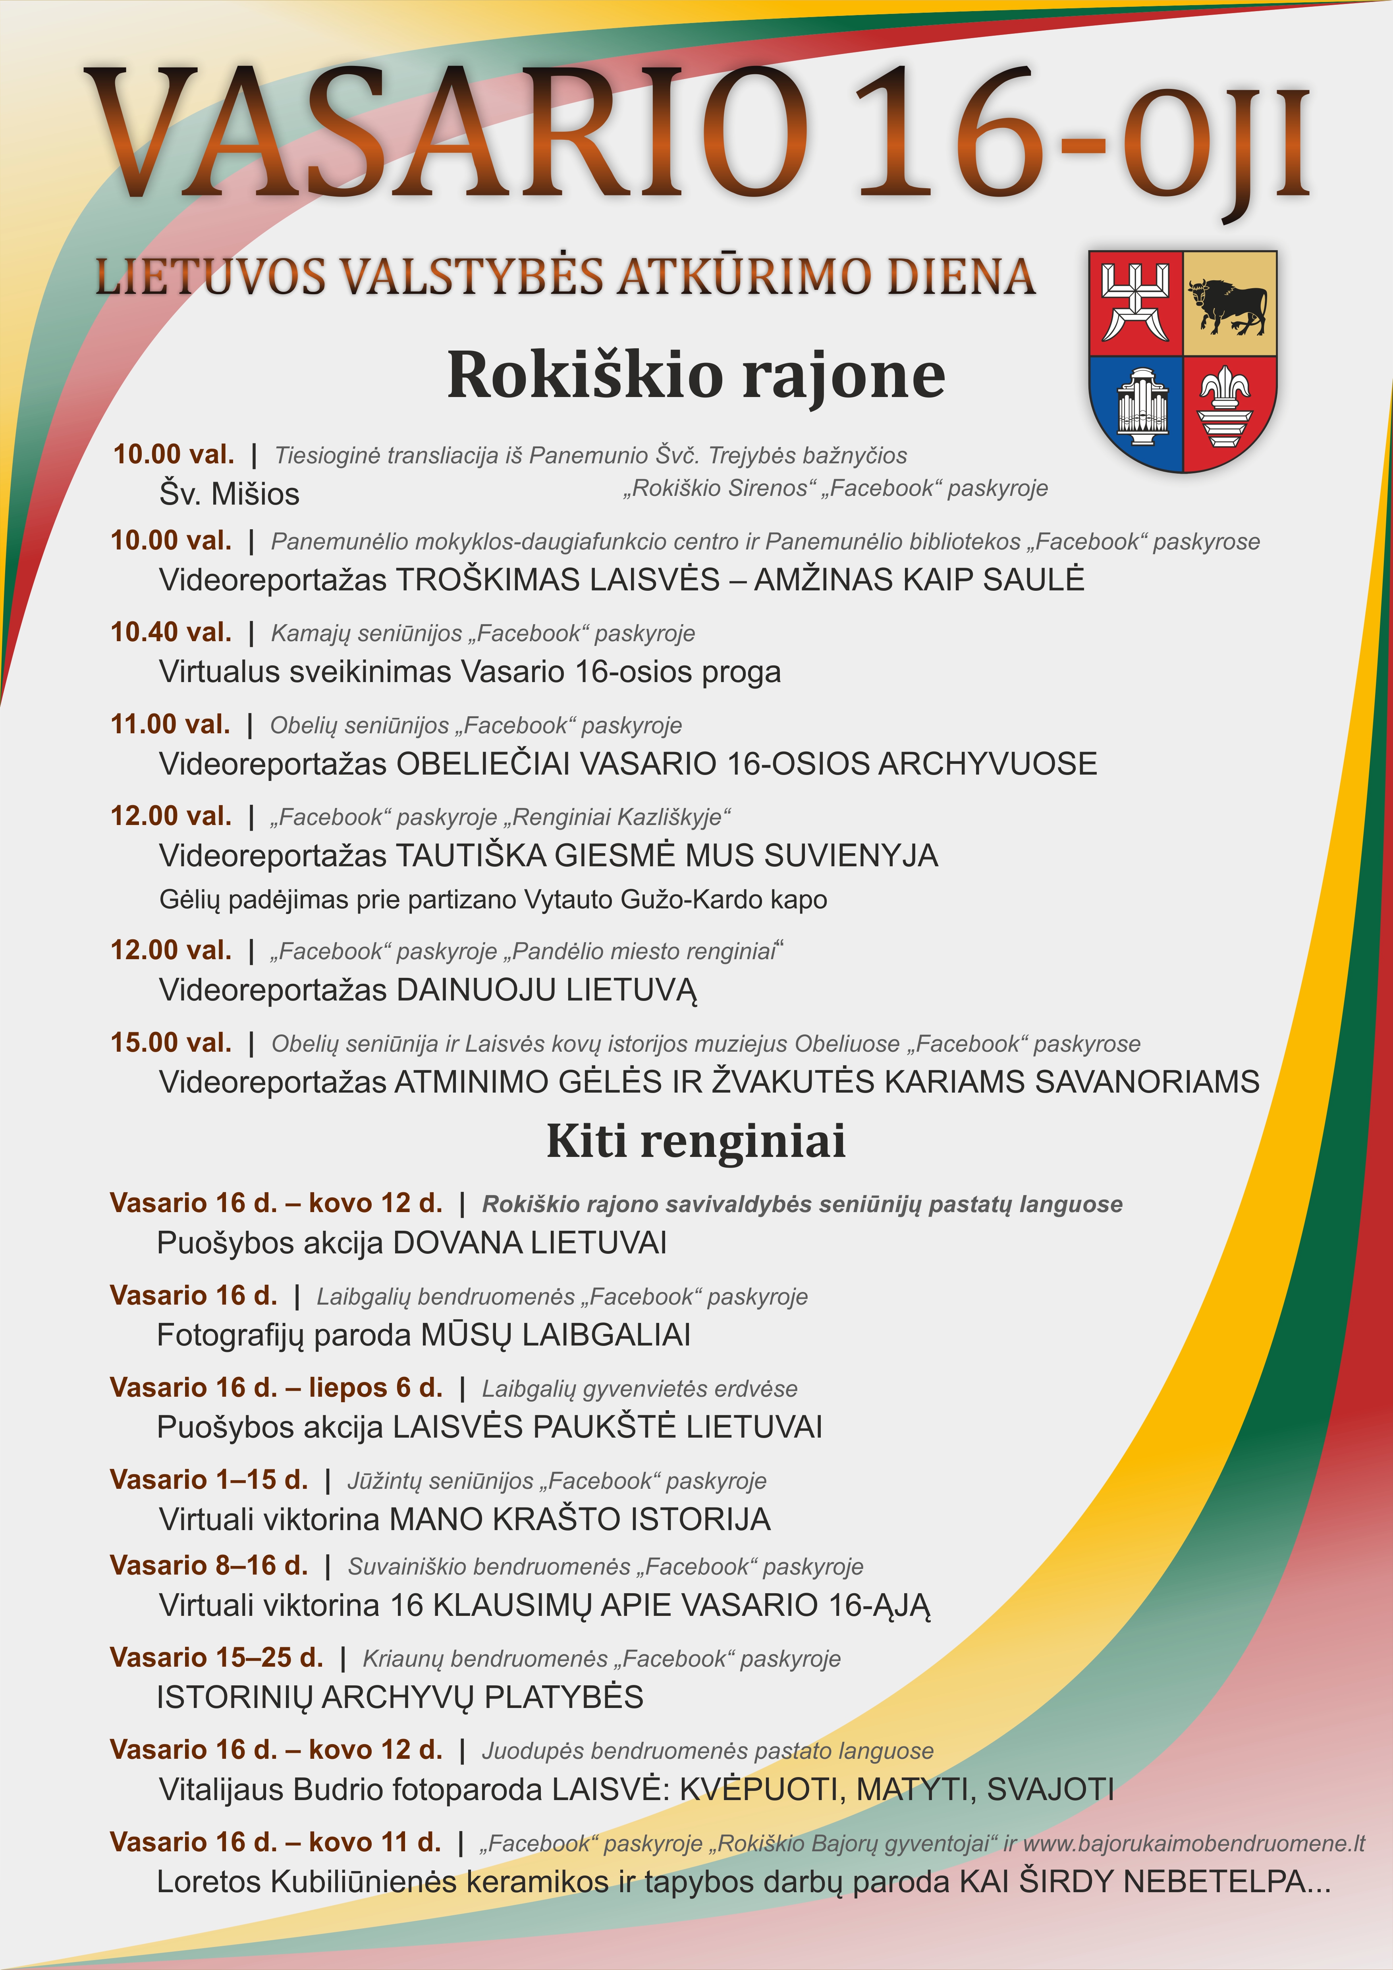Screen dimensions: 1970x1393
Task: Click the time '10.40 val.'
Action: coord(171,632)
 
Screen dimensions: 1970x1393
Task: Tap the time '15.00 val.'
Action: coord(171,1043)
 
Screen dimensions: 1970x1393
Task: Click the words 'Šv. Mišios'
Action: coord(229,494)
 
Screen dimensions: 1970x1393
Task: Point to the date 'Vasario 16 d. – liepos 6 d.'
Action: coord(276,1388)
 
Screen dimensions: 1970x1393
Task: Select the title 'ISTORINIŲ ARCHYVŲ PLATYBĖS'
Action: coord(400,1697)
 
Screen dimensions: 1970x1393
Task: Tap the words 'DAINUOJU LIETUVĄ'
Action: coord(546,990)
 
